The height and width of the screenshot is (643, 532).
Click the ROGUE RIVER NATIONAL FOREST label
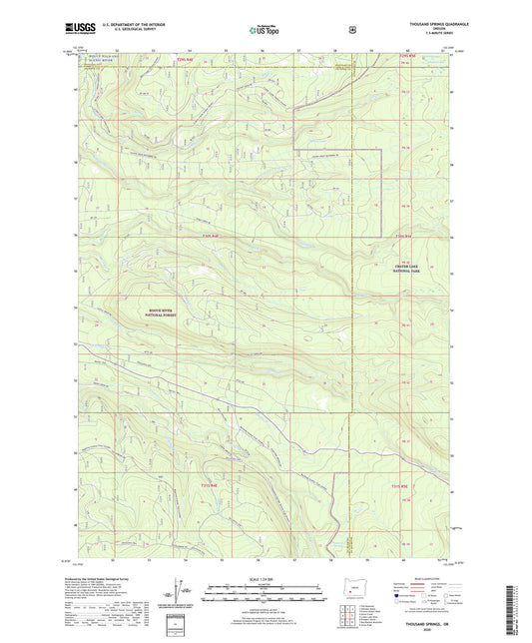click(x=154, y=314)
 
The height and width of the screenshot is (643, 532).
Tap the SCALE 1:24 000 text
click(x=265, y=580)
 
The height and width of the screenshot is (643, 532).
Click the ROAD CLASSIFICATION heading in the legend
click(x=422, y=579)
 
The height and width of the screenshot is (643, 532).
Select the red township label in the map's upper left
click(x=183, y=59)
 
